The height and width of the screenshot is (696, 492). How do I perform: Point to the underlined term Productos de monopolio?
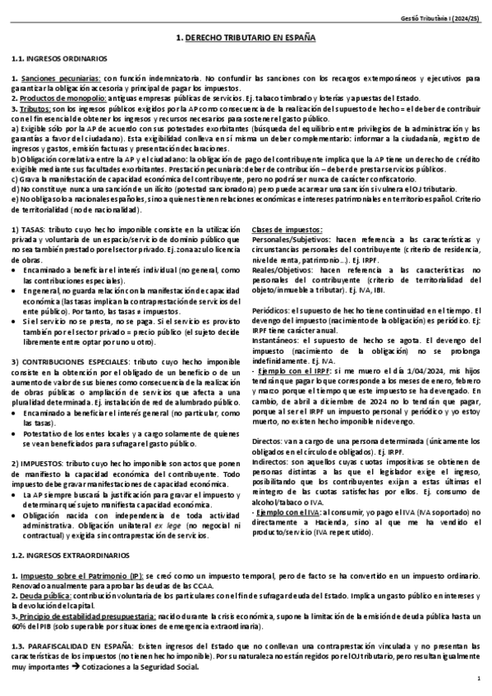[59, 98]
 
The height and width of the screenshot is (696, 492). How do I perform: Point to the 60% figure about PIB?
[19, 623]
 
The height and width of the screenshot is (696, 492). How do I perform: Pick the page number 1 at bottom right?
[478, 681]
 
